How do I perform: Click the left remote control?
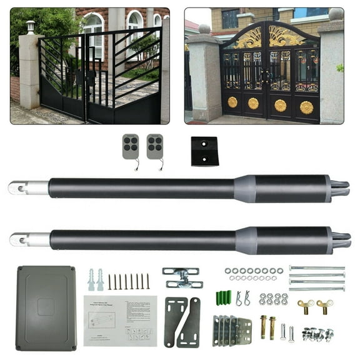click(131, 146)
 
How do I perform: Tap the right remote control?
click(154, 146)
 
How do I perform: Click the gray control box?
click(46, 307)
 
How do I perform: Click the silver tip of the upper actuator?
click(27, 187)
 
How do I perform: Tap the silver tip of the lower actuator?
click(29, 239)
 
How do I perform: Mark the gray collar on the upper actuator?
click(244, 188)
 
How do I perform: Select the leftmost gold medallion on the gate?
click(232, 102)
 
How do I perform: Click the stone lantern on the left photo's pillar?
click(30, 27)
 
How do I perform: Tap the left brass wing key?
click(306, 306)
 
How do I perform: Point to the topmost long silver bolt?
click(317, 268)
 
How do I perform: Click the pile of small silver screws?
click(317, 334)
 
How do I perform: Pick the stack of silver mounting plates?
click(231, 329)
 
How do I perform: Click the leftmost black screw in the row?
click(109, 281)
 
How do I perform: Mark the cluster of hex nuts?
click(273, 299)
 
